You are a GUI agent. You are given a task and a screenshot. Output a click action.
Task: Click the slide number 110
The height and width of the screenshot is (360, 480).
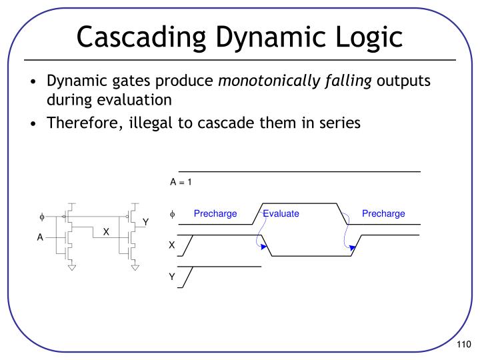pos(464,344)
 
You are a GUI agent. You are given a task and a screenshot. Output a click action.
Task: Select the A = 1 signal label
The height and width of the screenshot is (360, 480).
pos(181,182)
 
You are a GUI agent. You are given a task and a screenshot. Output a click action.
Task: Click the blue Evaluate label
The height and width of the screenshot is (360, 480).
pos(281,213)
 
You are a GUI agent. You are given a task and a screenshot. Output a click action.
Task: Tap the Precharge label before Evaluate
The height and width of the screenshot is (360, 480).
pos(215,213)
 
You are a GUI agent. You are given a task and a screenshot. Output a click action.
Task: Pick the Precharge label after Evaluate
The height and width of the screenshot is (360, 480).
pos(383,213)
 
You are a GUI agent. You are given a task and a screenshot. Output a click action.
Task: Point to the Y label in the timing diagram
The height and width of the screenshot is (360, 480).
pos(172,277)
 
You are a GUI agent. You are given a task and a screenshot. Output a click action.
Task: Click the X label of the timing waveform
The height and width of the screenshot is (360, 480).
pos(172,245)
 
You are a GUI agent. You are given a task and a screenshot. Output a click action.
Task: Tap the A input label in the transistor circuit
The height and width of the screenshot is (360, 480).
pos(40,238)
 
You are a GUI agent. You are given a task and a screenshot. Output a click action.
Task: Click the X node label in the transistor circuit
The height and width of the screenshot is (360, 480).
pos(105,231)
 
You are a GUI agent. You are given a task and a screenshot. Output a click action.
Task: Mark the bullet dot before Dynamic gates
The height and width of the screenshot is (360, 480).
pos(33,83)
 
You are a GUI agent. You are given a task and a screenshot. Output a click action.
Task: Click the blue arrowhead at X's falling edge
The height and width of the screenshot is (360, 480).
pos(265,247)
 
